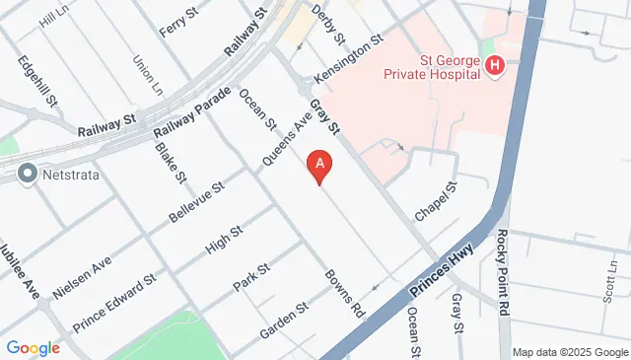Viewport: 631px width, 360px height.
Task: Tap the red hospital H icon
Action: (495, 66)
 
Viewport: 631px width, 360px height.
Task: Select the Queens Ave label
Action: (286, 137)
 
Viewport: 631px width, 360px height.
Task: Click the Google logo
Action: (33, 347)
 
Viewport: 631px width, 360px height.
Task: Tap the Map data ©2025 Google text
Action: (570, 352)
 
